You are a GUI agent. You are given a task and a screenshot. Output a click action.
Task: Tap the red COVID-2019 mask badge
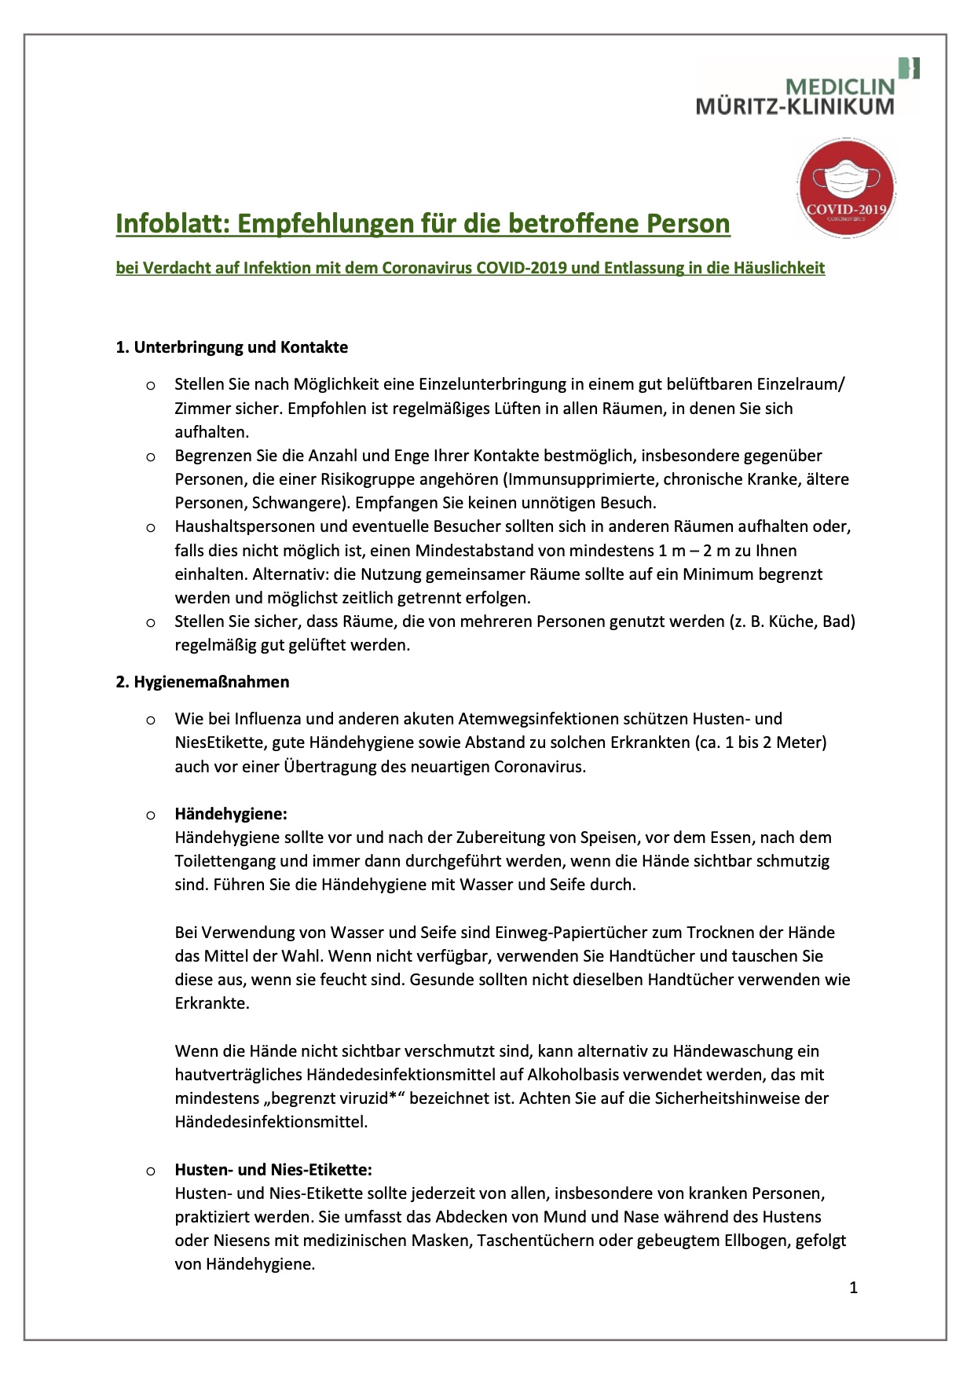click(846, 188)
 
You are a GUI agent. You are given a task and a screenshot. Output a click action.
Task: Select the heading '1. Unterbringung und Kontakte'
click(232, 347)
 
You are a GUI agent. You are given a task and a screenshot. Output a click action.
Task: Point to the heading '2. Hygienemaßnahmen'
click(203, 682)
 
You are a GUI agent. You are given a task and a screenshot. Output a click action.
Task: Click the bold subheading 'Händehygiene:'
click(231, 814)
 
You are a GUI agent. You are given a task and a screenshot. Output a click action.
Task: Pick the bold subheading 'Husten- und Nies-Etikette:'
click(273, 1169)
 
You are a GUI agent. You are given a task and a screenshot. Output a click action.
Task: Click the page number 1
click(853, 1287)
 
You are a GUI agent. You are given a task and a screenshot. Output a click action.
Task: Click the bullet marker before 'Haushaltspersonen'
click(151, 527)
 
